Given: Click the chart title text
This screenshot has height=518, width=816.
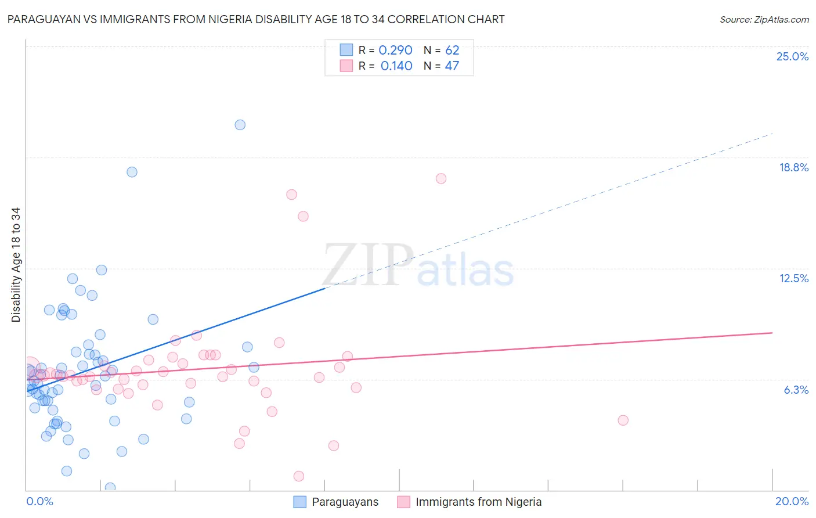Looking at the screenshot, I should click(256, 19).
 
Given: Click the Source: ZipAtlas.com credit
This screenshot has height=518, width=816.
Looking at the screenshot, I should click(764, 19).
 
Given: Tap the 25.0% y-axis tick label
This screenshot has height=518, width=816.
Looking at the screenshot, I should click(792, 56).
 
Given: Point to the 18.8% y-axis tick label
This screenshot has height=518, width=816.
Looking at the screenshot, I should click(793, 167).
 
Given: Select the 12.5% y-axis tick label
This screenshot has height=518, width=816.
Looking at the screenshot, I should click(793, 278).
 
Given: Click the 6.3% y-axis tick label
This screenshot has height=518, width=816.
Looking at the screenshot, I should click(796, 390).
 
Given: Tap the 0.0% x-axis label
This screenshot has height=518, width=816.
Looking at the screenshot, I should click(39, 501).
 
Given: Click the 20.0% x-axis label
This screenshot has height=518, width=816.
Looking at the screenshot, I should click(792, 501).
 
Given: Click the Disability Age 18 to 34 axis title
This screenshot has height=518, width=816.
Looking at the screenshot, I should click(16, 265).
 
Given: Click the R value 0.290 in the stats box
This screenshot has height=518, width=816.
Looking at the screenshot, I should click(395, 51).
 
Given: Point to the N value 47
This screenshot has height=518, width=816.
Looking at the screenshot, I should click(452, 66).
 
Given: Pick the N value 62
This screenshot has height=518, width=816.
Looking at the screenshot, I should click(452, 51).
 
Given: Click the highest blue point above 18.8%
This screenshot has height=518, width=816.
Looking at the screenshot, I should click(240, 125).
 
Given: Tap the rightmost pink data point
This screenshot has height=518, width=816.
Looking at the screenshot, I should click(623, 420).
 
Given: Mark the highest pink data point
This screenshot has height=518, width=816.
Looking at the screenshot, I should click(441, 179).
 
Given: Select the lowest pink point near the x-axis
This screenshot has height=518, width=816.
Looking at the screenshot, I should click(299, 476).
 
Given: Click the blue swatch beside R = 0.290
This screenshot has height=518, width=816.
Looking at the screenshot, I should click(346, 50).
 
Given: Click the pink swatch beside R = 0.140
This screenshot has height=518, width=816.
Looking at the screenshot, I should click(346, 66).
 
